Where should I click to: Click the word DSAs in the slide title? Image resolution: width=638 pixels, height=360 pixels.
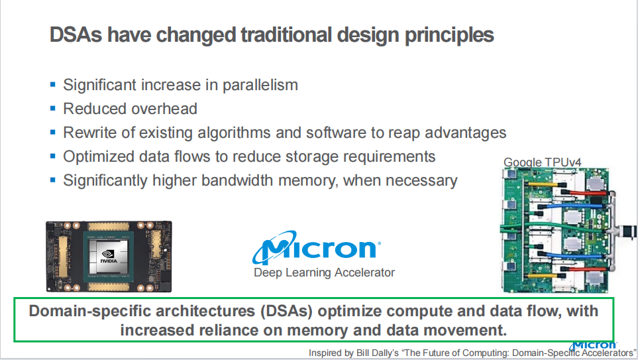point(76,34)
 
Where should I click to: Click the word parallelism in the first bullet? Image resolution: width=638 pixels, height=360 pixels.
point(260,85)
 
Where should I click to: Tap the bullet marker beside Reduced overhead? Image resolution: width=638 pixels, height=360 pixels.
point(52,108)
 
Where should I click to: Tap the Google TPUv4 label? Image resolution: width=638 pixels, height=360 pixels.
point(543,162)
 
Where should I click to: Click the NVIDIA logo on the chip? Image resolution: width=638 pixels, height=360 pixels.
point(109,257)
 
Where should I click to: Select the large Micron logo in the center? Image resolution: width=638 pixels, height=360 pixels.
point(317,247)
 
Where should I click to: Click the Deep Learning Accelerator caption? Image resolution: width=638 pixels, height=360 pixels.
point(324,272)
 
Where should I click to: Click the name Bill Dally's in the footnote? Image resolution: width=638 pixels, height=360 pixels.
point(377,353)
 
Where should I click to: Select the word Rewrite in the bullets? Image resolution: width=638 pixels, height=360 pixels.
point(87,133)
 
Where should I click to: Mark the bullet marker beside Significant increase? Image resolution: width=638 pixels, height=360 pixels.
point(52,85)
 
